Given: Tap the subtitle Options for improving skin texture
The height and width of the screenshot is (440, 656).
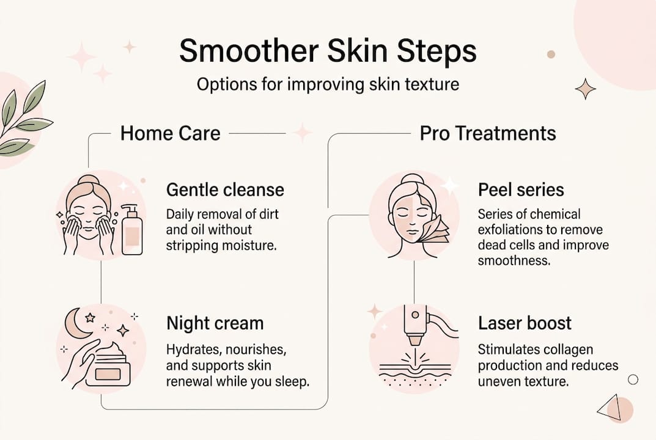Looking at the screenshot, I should (328, 84).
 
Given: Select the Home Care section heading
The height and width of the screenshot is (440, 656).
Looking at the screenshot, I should (170, 133).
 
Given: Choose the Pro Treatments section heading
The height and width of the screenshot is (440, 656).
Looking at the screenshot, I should (487, 133).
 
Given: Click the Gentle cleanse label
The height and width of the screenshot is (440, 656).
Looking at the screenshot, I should (225, 190).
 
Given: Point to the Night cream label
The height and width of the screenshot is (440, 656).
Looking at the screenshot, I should (215, 323).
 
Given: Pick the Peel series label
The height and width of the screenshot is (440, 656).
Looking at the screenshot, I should (521, 190).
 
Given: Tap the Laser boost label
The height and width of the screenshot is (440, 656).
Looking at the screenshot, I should (525, 323).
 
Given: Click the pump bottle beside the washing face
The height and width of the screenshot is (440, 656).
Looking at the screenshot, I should (131, 230).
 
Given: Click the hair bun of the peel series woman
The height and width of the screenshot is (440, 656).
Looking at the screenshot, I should (410, 180).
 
